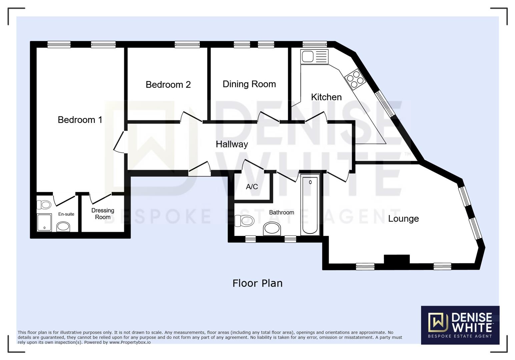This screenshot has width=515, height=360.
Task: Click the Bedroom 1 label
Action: point(80,120)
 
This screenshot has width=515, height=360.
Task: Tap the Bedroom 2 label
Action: point(168,85)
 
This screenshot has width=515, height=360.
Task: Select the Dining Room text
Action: point(249,84)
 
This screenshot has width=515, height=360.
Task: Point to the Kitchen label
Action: point(326,97)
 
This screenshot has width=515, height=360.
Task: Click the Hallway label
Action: point(232,144)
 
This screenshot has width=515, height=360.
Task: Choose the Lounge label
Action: point(403,219)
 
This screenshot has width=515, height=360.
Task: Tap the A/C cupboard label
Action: point(252,187)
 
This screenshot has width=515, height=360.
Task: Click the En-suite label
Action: point(66,214)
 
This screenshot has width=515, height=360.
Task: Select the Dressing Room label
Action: point(103,214)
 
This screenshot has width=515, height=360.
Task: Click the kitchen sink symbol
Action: point(314,57)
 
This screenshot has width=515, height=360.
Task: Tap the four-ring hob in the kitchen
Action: point(355,79)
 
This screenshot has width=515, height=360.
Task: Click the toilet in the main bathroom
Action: point(244,221)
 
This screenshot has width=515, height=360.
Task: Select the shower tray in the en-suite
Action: point(44,222)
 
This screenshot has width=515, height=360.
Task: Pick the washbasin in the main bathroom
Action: point(272,229)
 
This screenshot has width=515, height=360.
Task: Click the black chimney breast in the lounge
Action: point(397,260)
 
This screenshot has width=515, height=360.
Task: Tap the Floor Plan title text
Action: point(257,283)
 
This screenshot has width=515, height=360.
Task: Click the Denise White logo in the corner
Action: point(460,325)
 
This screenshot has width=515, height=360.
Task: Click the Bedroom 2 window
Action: point(187,44)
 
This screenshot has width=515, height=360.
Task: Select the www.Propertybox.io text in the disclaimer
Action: point(130,342)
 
